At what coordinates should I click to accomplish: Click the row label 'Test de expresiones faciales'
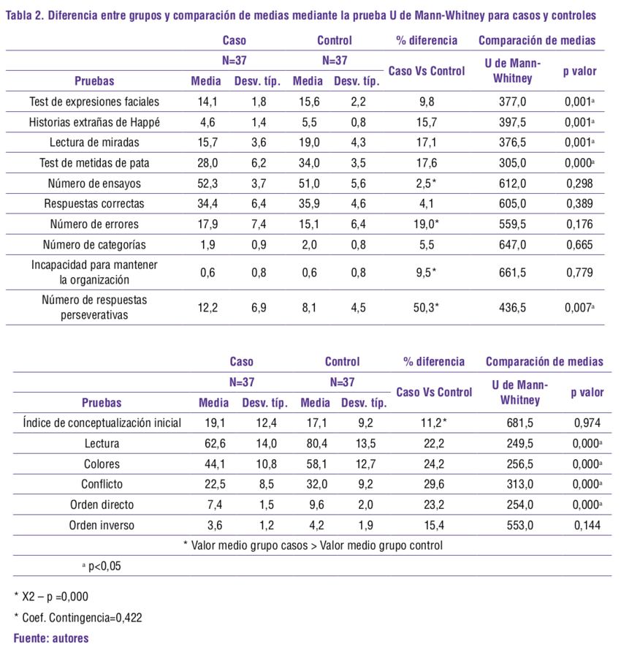(x=94, y=102)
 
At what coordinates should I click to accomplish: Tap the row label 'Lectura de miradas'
(x=94, y=143)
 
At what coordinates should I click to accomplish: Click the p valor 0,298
(x=579, y=184)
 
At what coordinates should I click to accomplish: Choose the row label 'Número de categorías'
(x=94, y=245)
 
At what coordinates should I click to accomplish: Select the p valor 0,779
(x=579, y=273)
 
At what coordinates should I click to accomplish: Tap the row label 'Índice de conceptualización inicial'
(x=102, y=422)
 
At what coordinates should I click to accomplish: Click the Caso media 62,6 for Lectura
(x=214, y=442)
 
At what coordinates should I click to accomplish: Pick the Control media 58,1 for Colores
(x=316, y=463)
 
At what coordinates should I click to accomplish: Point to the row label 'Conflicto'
(x=102, y=483)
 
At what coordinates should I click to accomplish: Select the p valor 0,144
(x=587, y=524)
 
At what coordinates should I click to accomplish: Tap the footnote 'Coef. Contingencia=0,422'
(x=82, y=617)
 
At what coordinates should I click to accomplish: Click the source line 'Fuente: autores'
(x=51, y=638)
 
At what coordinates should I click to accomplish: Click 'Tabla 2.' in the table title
(x=24, y=15)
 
